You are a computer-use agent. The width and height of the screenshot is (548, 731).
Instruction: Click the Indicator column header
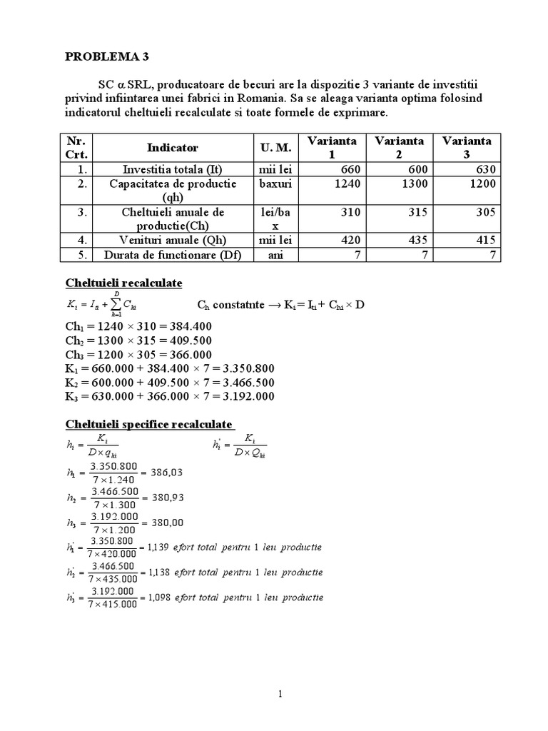[172, 148]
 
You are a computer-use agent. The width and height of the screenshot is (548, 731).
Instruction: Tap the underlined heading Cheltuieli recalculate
[124, 283]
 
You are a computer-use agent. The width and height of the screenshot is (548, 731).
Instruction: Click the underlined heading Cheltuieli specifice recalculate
[149, 425]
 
